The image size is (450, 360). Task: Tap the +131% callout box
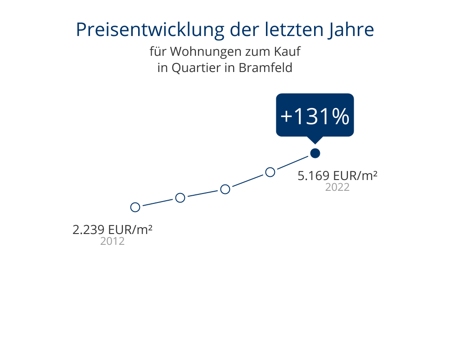315,116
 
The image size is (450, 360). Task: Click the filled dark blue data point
315,153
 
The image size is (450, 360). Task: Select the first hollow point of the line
135,207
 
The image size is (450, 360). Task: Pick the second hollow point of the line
180,198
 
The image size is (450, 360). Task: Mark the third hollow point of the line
225,189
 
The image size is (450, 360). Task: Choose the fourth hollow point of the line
270,172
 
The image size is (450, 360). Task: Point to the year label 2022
337,187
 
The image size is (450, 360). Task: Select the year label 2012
112,241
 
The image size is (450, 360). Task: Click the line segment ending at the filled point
292,163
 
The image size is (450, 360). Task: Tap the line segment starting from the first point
157,202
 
